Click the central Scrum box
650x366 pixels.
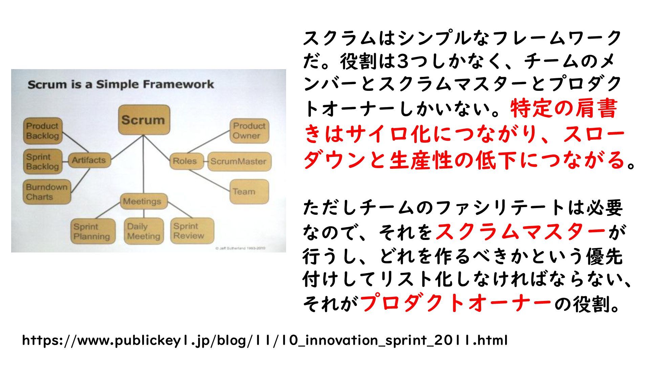(144, 120)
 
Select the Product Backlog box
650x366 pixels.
(43, 131)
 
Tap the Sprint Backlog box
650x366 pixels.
(43, 162)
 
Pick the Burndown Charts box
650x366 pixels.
(47, 192)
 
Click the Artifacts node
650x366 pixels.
(89, 160)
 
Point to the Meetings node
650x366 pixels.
(144, 201)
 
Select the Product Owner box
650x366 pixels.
(249, 131)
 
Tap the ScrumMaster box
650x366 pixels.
(239, 161)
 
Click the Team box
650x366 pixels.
(249, 192)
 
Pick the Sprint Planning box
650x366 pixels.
(92, 231)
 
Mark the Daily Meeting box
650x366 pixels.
(144, 231)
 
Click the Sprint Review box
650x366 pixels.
(193, 231)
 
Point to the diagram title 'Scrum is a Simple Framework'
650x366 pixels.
(121, 84)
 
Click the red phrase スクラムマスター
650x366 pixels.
(520, 232)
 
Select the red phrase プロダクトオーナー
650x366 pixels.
(456, 303)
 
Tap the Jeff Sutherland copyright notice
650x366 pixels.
(240, 248)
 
